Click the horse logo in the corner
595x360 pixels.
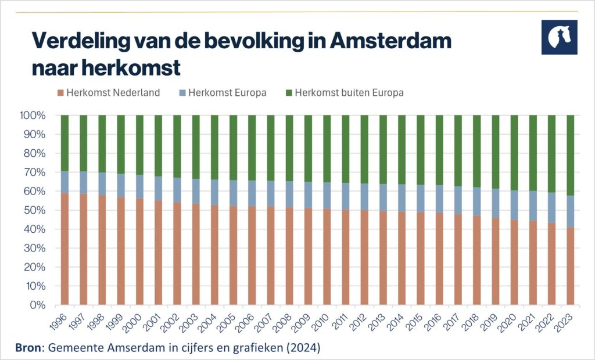[559, 37]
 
